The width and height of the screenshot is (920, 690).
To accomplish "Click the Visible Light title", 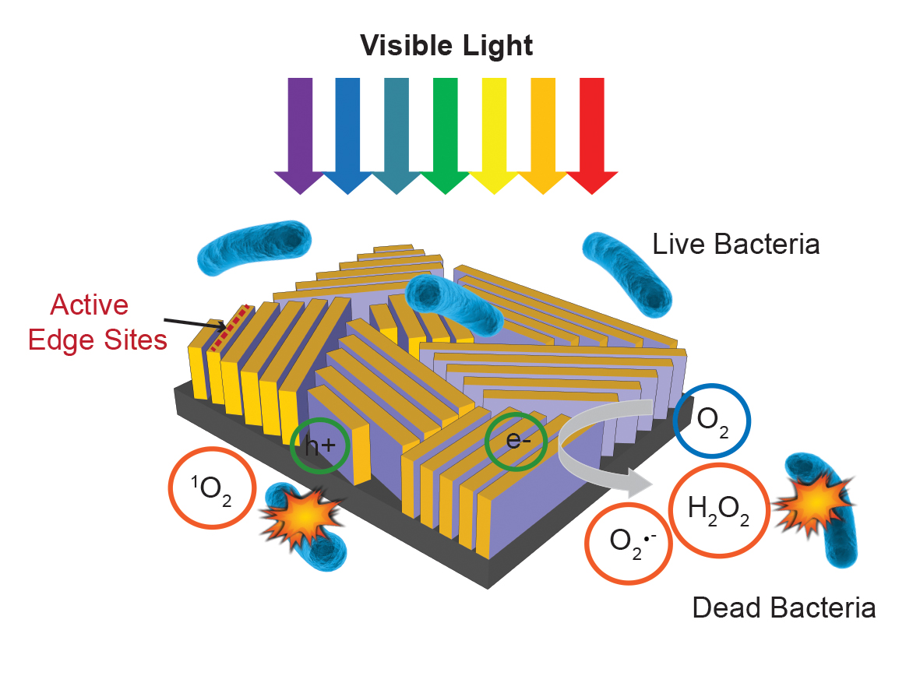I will tap(446, 46).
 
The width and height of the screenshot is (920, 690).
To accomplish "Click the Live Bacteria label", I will tap(735, 245).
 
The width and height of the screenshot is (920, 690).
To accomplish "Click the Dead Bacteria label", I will tap(784, 607).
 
